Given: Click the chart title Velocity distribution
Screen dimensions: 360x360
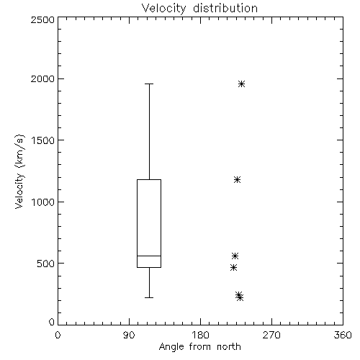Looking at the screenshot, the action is point(199,9).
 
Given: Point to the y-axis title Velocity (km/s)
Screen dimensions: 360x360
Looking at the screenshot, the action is point(19,171).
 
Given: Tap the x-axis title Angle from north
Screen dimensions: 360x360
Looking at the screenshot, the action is point(199,347).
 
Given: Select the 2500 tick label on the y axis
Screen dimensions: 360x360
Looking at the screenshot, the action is point(42,19).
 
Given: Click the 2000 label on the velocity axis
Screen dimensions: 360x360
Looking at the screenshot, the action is point(42,78).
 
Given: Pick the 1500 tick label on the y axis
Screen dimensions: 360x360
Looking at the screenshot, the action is point(43,140).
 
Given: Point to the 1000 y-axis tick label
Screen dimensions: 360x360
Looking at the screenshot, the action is point(43,202).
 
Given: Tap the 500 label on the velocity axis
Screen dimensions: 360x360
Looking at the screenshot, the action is point(46,264).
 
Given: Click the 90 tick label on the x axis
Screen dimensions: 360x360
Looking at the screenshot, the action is point(129,335).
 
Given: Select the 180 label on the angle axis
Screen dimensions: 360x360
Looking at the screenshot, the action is point(200,335).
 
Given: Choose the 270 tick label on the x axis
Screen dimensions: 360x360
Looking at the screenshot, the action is point(271,335).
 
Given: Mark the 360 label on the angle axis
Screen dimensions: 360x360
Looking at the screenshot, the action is point(343,335).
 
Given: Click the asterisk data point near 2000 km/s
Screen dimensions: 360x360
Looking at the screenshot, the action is point(241,84).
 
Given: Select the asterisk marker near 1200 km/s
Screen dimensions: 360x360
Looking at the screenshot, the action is point(237,179).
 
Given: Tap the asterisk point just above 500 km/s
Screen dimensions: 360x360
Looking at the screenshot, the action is point(235,256).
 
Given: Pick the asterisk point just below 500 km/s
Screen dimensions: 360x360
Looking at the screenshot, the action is point(233,267).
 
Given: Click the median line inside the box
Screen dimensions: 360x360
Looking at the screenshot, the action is point(149,256).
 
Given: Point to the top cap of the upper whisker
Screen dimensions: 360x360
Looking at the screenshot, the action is point(149,84).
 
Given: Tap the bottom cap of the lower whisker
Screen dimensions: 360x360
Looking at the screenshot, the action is point(149,297).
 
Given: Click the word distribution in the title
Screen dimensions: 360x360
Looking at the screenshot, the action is point(225,9).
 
